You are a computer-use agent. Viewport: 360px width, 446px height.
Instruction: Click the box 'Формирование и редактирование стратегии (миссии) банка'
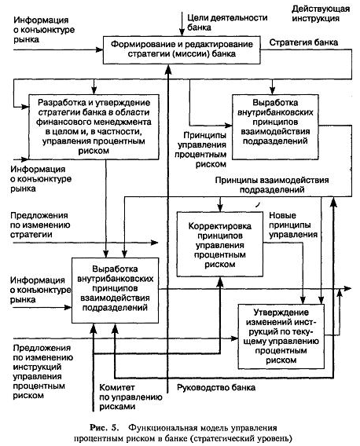[182, 49]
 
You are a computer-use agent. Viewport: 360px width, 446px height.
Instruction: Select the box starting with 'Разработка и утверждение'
[94, 127]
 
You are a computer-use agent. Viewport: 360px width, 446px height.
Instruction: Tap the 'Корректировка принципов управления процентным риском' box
[219, 244]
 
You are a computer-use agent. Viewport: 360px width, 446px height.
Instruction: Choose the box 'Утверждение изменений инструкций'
[281, 337]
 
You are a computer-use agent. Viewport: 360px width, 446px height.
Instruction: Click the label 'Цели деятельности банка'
[227, 23]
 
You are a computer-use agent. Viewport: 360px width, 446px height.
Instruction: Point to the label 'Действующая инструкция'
[321, 13]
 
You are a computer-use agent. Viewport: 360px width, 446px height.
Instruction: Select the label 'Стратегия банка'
[303, 42]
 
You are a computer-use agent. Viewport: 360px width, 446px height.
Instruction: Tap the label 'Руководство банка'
[216, 387]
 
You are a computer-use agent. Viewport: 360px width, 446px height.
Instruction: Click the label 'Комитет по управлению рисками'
[130, 397]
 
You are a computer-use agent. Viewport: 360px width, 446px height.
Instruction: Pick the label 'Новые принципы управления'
[293, 225]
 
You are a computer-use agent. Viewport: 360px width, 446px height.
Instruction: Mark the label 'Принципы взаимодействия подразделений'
[272, 185]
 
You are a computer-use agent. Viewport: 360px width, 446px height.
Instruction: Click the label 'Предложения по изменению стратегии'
[40, 225]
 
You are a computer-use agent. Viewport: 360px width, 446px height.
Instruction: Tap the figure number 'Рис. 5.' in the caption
[104, 427]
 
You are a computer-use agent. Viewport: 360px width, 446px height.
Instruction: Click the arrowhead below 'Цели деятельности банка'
[182, 32]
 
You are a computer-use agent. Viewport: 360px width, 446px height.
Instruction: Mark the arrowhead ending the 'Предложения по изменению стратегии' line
[154, 243]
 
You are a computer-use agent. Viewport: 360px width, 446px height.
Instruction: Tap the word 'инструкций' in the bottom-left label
[37, 367]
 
